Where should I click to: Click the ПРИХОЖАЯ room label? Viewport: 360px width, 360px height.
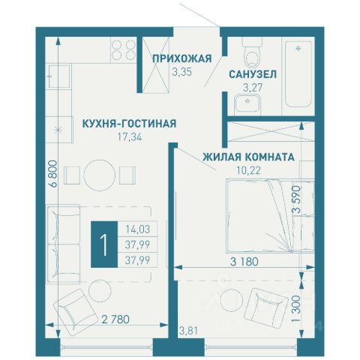coord(182,58)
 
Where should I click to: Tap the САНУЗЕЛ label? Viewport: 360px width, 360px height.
coord(253,74)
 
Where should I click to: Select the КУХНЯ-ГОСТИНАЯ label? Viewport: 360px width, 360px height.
coord(130,124)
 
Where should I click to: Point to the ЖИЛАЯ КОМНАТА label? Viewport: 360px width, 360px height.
coord(248,157)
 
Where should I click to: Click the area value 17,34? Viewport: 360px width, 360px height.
coord(130,137)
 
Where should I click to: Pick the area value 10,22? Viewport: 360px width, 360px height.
coord(248,170)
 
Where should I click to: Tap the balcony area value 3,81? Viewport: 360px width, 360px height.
coord(188,331)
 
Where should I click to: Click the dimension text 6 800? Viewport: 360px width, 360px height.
coord(54,174)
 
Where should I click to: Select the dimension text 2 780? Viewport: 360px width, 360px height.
coord(115,319)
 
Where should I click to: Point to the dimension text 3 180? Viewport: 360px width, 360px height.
coord(244,262)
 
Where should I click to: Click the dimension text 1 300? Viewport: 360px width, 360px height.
coord(296,308)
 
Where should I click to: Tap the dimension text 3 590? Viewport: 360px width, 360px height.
coord(296,199)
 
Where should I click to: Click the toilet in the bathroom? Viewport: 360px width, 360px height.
coord(253,52)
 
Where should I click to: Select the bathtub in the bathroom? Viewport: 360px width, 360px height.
coord(298,74)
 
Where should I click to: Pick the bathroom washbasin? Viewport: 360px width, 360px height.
coord(247,104)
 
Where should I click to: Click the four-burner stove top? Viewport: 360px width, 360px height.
coord(124,50)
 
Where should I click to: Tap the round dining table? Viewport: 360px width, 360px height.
coord(100,175)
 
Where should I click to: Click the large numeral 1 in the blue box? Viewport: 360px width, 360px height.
coord(104,244)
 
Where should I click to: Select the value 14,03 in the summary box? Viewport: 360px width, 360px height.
coord(138,229)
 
